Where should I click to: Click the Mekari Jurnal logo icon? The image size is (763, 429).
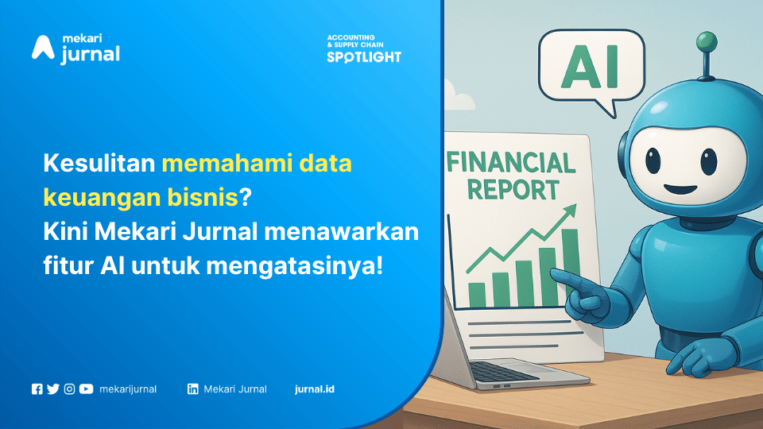pyautogui.click(x=43, y=48)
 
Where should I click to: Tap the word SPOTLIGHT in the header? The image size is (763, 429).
pyautogui.click(x=364, y=57)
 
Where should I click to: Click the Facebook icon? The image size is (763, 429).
pyautogui.click(x=37, y=389)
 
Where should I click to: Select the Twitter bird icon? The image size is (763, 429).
pyautogui.click(x=53, y=389)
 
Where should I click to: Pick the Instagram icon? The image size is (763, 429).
pyautogui.click(x=70, y=389)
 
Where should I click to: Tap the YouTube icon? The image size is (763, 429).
pyautogui.click(x=86, y=389)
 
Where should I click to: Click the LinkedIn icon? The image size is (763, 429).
pyautogui.click(x=192, y=389)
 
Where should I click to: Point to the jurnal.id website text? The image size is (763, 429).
pyautogui.click(x=315, y=389)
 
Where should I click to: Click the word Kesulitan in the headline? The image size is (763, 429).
pyautogui.click(x=99, y=163)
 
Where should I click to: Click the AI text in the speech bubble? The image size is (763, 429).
pyautogui.click(x=589, y=67)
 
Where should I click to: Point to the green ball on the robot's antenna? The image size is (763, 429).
pyautogui.click(x=707, y=41)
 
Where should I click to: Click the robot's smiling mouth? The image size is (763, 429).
pyautogui.click(x=680, y=189)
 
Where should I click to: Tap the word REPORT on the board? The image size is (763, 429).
pyautogui.click(x=513, y=190)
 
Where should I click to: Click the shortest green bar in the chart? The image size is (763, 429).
pyautogui.click(x=477, y=295)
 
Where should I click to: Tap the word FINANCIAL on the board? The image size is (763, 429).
pyautogui.click(x=511, y=162)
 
